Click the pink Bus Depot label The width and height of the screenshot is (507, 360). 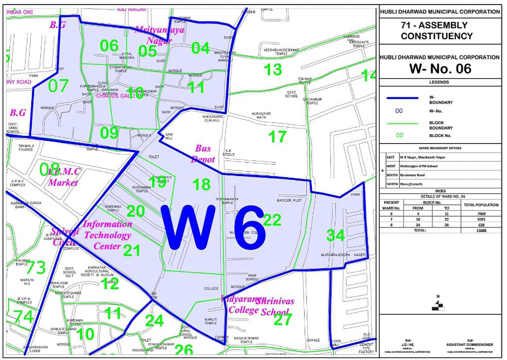coord(202,154)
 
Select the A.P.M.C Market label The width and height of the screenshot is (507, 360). coord(70,176)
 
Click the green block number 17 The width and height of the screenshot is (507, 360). coord(277,136)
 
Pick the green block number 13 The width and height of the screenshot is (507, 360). coord(273,70)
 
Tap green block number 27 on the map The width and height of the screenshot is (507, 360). coord(283,320)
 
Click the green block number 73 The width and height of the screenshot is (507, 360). coord(36,268)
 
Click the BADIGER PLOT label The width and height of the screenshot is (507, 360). coord(290,200)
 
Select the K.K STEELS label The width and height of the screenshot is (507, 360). coord(228,153)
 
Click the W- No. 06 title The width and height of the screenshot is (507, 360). coord(439,69)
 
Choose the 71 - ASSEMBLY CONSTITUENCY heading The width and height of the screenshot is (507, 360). coord(439,31)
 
